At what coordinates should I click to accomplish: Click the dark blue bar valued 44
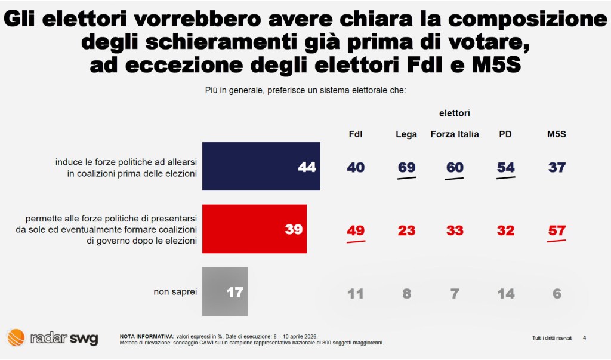pyautogui.click(x=261, y=166)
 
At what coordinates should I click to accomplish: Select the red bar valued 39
pyautogui.click(x=255, y=229)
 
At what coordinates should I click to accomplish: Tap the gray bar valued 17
pyautogui.click(x=225, y=292)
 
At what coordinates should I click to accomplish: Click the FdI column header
pyautogui.click(x=356, y=134)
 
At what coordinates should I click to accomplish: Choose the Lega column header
pyautogui.click(x=406, y=134)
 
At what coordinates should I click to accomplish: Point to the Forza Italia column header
pyautogui.click(x=455, y=134)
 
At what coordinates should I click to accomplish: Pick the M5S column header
pyautogui.click(x=556, y=134)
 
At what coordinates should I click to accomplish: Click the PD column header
pyautogui.click(x=505, y=134)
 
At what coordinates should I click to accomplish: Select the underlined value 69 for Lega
pyautogui.click(x=406, y=167)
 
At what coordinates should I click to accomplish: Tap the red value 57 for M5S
pyautogui.click(x=556, y=230)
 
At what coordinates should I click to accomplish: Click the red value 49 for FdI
pyautogui.click(x=356, y=230)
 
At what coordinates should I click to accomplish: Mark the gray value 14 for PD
pyautogui.click(x=505, y=293)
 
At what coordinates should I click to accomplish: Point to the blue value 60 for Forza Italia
pyautogui.click(x=455, y=167)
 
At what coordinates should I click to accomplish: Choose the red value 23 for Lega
pyautogui.click(x=406, y=230)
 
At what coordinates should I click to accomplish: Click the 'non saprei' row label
pyautogui.click(x=175, y=292)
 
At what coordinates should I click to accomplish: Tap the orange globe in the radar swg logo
pyautogui.click(x=16, y=337)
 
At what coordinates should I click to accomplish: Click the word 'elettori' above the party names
pyautogui.click(x=455, y=113)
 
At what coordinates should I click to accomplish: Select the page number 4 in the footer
pyautogui.click(x=584, y=338)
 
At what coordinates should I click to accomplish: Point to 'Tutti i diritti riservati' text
pyautogui.click(x=552, y=338)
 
